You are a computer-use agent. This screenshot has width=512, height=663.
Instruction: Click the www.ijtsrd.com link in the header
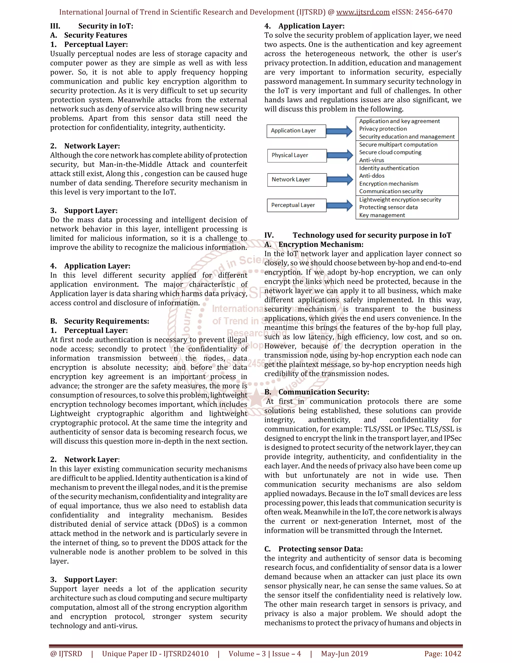tap(363, 12)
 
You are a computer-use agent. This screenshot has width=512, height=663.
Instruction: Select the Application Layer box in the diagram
tap(296, 131)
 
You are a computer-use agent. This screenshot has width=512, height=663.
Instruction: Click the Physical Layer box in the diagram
tap(297, 155)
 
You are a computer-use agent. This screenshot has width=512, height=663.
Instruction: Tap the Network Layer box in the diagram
tap(297, 180)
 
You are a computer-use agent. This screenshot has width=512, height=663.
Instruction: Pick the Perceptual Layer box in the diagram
tap(296, 205)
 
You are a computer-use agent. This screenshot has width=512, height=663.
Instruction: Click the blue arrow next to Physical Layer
tap(340, 155)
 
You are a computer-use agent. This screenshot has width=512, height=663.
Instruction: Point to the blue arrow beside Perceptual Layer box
tap(340, 205)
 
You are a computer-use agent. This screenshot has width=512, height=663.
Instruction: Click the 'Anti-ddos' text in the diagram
tap(372, 176)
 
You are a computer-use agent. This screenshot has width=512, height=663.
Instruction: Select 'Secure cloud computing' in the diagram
tap(390, 152)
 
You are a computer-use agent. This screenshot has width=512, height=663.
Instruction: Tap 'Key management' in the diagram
tap(382, 215)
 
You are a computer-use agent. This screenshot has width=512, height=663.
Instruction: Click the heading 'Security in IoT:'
tap(105, 26)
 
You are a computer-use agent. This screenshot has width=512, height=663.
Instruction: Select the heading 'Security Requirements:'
tap(106, 321)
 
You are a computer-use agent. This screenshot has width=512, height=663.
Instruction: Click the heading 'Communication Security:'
tap(324, 392)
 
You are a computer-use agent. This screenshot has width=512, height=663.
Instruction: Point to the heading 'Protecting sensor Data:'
tap(320, 549)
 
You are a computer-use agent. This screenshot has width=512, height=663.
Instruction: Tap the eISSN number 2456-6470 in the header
tap(433, 12)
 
